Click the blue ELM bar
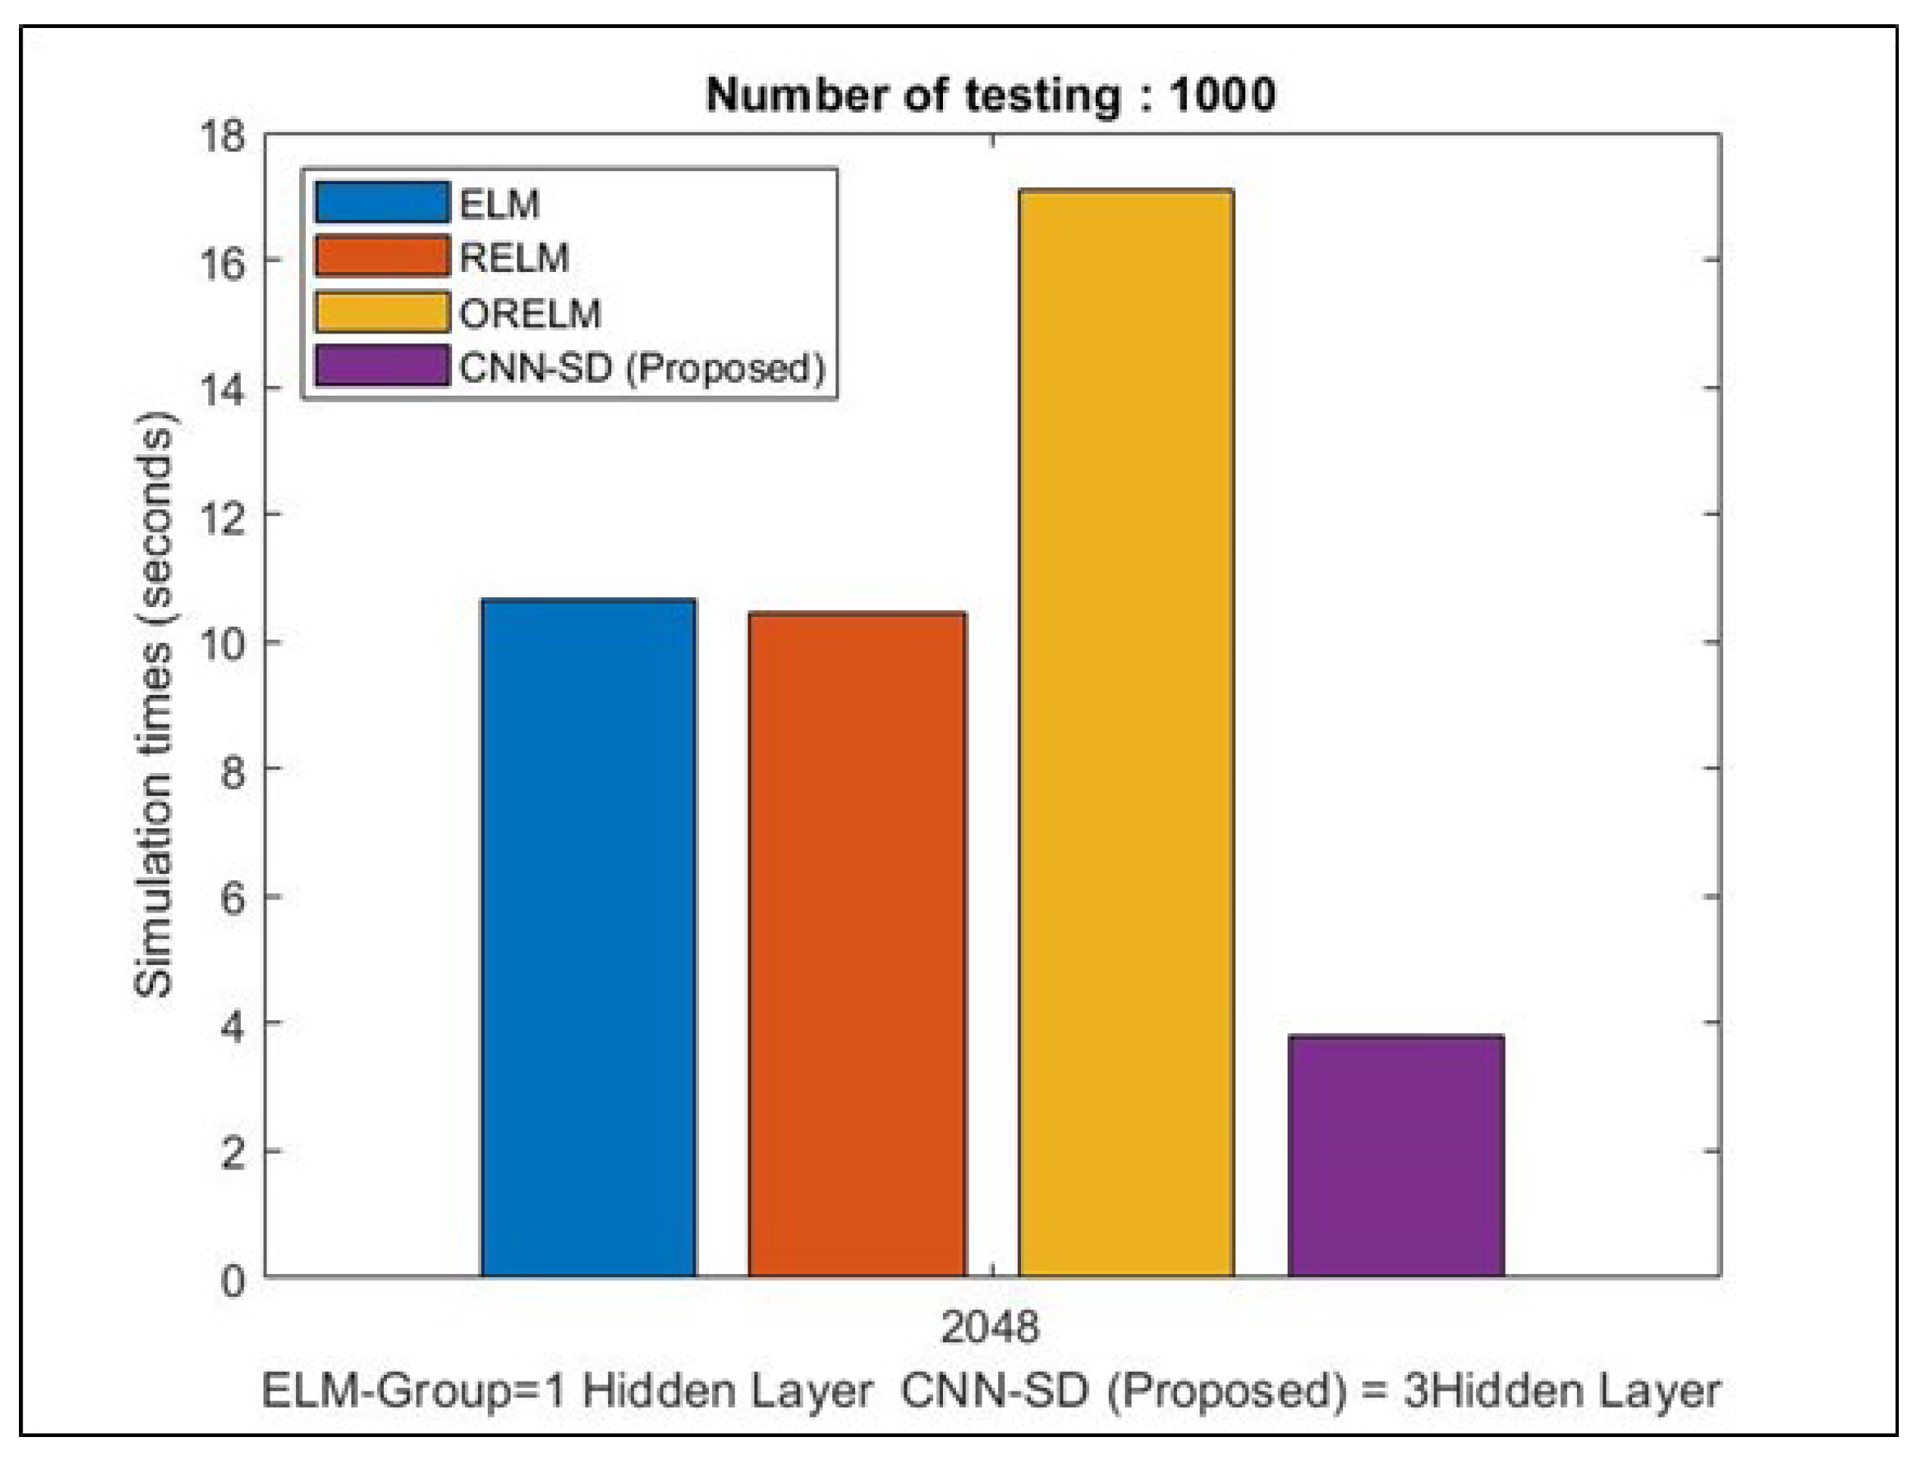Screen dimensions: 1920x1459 tap(588, 938)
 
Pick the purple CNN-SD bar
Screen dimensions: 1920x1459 tap(1395, 1156)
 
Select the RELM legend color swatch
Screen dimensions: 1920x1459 tap(382, 256)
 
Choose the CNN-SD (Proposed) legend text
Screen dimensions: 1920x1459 tap(642, 368)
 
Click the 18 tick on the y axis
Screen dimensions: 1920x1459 tap(222, 137)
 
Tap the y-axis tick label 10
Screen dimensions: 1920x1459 tap(222, 643)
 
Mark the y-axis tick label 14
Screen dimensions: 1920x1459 tap(222, 390)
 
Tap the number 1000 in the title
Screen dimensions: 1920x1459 tap(1222, 95)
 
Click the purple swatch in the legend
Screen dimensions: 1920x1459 tap(382, 365)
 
